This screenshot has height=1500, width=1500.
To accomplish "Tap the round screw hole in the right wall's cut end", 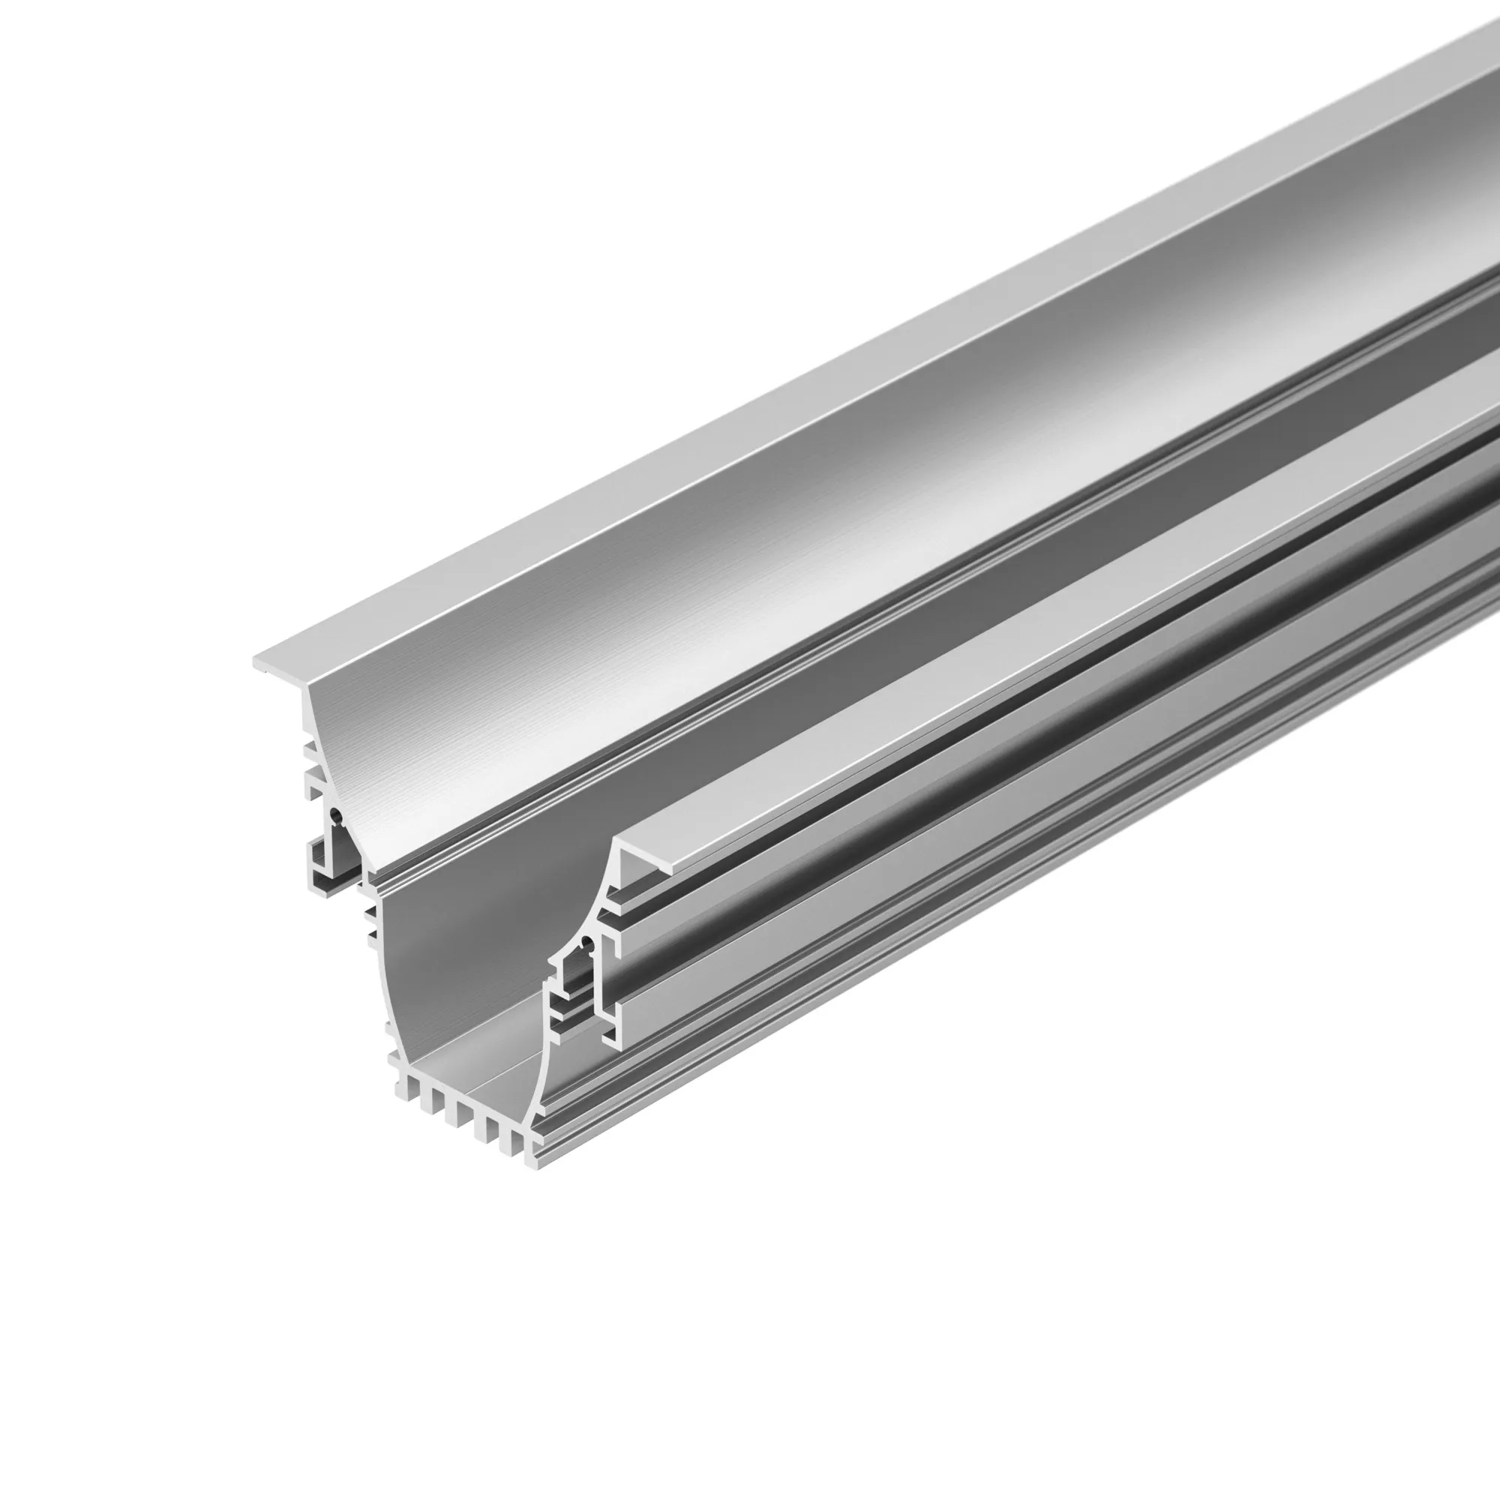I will coord(586,945).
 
